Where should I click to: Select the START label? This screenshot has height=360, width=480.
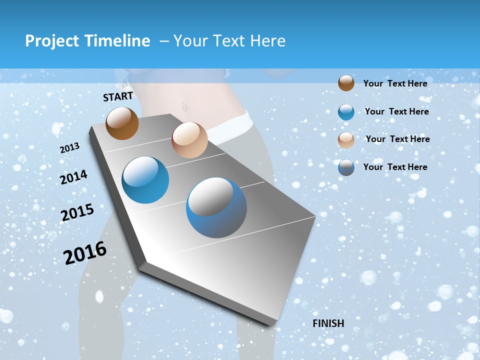[118, 96]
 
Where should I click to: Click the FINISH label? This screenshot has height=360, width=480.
[328, 323]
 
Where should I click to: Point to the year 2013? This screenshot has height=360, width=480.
[70, 148]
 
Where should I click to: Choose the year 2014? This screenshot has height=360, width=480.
[74, 177]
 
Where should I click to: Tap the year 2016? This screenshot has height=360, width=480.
[85, 252]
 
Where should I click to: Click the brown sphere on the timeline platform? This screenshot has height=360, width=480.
[122, 123]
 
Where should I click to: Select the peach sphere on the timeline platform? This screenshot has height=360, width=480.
[189, 140]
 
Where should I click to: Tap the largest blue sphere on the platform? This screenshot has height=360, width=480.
[216, 207]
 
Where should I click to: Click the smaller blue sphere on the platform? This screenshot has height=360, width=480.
[145, 180]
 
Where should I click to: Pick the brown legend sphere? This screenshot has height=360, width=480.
[346, 83]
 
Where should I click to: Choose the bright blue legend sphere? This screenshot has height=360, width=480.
[346, 112]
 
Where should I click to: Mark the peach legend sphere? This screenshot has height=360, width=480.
[346, 140]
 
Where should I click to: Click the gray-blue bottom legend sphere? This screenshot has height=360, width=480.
[346, 167]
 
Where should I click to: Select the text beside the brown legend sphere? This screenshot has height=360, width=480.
[395, 83]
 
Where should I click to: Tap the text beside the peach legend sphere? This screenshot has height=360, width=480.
[397, 139]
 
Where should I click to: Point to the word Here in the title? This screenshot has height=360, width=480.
[268, 41]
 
